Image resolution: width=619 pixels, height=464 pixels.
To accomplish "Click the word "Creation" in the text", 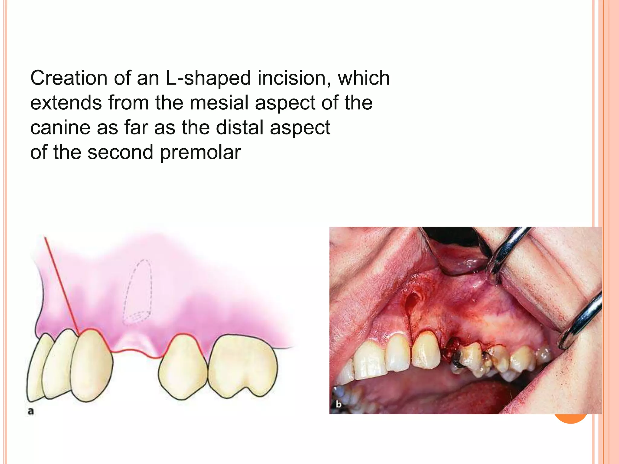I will tap(69, 78).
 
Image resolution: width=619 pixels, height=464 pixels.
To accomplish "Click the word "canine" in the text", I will tap(60, 128).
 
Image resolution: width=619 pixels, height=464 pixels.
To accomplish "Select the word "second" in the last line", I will tap(121, 153).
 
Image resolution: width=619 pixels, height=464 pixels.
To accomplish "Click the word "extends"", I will tap(66, 103).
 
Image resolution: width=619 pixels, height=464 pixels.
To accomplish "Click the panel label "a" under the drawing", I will tap(31, 411).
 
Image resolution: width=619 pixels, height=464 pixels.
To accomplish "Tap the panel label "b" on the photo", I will tap(339, 404).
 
